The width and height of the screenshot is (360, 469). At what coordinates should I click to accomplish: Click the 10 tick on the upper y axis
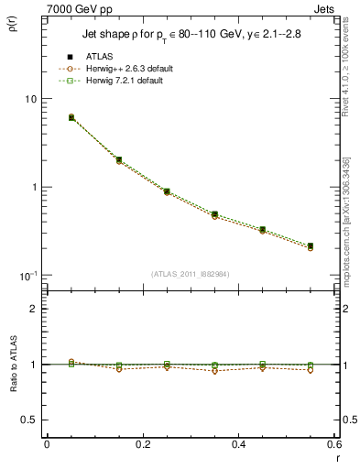point(29,99)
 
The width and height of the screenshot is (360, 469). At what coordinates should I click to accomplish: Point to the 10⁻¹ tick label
point(27,275)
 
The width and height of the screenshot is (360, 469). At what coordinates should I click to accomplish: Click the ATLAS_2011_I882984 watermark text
point(190,274)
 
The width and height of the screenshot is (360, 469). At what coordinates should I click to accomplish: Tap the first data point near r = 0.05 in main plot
point(71,117)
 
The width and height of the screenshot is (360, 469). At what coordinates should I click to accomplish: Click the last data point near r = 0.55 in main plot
point(311,245)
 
